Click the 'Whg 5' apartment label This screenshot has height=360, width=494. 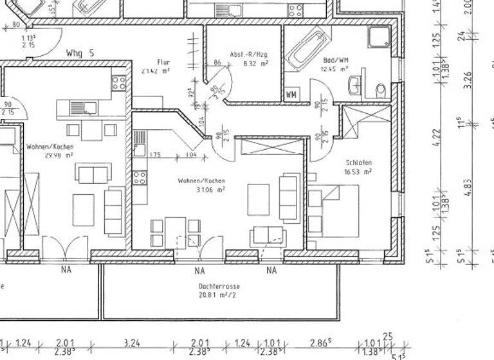pos(80,53)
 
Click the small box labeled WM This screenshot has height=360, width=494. pos(291,95)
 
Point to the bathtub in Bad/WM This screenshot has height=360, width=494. pos(307,48)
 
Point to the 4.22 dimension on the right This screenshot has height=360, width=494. pos(438,138)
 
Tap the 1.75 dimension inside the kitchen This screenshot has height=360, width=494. pos(154,155)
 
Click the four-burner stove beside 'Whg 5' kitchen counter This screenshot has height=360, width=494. pos(119,83)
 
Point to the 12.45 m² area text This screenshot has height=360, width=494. pos(335,69)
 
